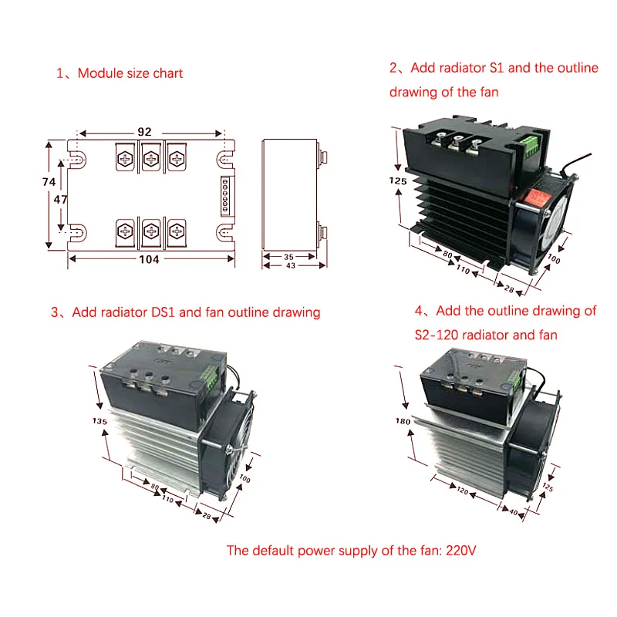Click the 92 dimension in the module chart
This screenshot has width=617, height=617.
coord(144,132)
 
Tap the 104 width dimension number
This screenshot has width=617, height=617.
coord(149,259)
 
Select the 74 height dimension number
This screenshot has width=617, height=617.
coord(49,182)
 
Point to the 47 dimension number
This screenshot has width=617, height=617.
coord(60,200)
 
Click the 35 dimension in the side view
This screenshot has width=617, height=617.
coord(288,257)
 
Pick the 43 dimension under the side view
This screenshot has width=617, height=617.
coord(291,265)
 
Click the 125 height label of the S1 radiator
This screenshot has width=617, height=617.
coord(398,181)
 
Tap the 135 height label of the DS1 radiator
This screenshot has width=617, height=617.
coord(100,421)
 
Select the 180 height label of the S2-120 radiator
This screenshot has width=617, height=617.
coord(403,421)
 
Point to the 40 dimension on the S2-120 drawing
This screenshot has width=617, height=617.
coord(514,512)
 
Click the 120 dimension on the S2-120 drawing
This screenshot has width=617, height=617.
coord(463,491)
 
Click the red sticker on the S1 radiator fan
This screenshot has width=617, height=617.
coord(537,197)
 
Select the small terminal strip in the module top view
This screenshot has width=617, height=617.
coord(225,196)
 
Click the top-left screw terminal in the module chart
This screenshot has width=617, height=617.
coord(125,159)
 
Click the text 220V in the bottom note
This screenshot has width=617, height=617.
coord(460,550)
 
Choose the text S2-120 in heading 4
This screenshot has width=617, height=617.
coord(437,335)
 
